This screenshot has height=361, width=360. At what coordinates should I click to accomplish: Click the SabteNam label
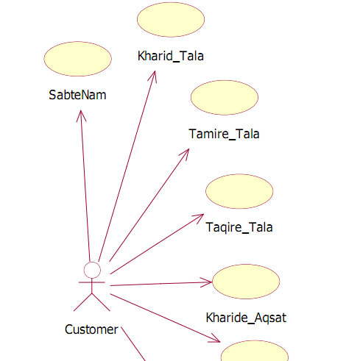[x=77, y=95]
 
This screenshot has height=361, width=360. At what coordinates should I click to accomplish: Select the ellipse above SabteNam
[x=78, y=59]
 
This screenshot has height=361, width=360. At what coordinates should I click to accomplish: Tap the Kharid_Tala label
[x=171, y=56]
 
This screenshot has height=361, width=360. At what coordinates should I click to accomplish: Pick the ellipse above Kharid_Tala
[x=171, y=20]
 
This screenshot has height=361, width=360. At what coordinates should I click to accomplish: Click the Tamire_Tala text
[x=224, y=134]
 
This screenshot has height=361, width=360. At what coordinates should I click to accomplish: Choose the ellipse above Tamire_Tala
[x=225, y=98]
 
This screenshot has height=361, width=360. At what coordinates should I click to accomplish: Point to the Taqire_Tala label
[x=239, y=227]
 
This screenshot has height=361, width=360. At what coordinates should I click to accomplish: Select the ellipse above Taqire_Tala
[x=239, y=191]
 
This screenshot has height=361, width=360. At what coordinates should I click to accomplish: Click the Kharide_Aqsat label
[x=246, y=318]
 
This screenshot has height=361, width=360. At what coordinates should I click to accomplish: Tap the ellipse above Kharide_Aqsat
[x=246, y=282]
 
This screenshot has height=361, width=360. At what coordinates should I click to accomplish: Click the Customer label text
[x=91, y=329]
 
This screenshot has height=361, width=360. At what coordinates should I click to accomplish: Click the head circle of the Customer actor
[x=92, y=270]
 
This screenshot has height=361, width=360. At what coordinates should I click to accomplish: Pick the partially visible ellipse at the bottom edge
[x=255, y=351]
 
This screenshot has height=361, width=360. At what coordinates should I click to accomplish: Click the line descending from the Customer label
[x=133, y=344]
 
